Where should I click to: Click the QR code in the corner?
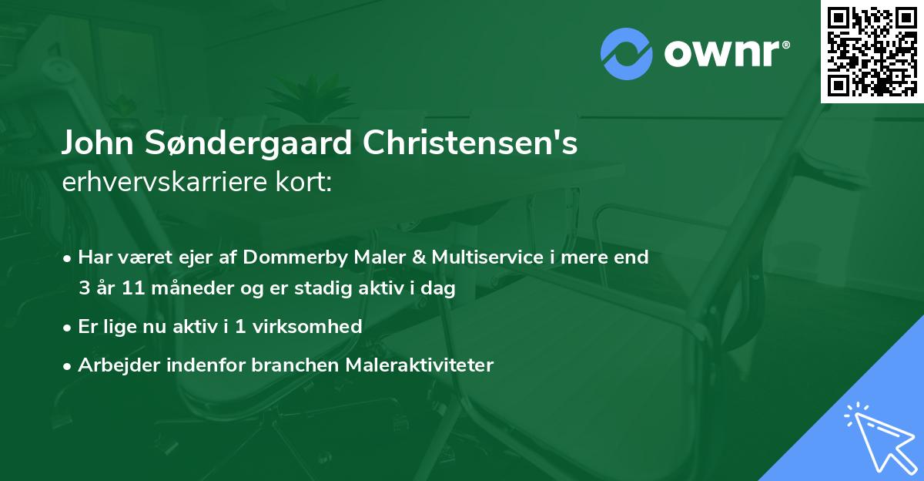872,51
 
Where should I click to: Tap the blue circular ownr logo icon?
626,54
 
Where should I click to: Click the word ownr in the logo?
722,54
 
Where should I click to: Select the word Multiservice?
490,257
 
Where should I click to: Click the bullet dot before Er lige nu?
69,327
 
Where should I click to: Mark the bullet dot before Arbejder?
69,365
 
